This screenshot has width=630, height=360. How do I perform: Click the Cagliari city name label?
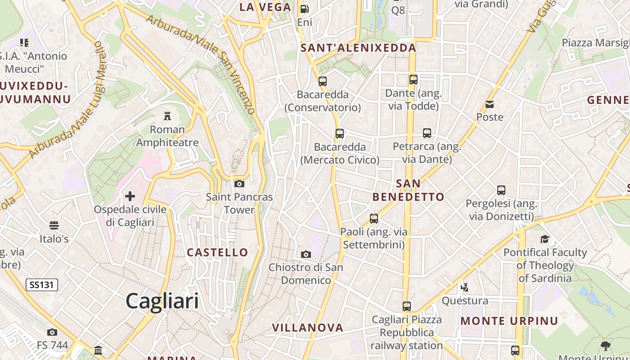(162, 301)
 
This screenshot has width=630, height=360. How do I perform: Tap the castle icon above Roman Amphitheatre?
(167, 116)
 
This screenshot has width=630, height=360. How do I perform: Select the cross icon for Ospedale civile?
(130, 196)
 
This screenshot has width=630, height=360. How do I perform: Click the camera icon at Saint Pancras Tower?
(239, 184)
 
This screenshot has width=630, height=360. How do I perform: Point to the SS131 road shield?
(42, 284)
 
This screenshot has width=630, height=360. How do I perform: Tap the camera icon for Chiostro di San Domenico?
(306, 254)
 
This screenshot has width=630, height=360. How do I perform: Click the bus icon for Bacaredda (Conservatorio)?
(323, 81)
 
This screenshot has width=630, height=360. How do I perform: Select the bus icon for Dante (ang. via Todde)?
(414, 80)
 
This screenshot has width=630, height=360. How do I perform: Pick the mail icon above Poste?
(490, 104)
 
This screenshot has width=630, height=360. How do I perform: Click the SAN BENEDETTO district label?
(409, 190)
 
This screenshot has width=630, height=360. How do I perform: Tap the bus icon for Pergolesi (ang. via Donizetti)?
(501, 190)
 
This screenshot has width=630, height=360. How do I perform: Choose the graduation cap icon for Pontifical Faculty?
(545, 239)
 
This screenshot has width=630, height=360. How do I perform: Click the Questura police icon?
(465, 287)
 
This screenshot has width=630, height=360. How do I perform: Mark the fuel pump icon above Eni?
(305, 9)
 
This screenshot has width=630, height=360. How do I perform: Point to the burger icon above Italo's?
(54, 225)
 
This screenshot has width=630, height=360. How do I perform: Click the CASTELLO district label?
(217, 252)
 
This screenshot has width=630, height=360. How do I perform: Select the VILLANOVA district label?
(308, 328)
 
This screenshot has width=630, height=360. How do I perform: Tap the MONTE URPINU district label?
(509, 321)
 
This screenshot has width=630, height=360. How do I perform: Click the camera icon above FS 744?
(52, 332)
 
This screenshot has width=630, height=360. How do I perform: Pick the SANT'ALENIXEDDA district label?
(359, 48)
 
